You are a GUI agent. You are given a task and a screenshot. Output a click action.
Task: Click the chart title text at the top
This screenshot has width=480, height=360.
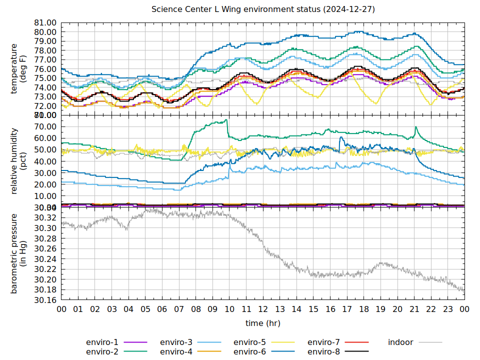(263, 9)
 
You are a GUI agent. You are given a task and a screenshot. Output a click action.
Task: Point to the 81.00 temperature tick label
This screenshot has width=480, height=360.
(44, 23)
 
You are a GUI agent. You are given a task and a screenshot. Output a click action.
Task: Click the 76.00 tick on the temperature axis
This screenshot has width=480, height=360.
(44, 69)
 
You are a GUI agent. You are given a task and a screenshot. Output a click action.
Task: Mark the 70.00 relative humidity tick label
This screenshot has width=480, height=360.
(44, 126)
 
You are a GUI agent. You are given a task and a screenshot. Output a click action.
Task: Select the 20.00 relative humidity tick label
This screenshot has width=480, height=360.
(44, 184)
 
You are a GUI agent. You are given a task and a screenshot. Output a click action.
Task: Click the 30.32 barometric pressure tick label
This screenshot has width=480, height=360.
(44, 217)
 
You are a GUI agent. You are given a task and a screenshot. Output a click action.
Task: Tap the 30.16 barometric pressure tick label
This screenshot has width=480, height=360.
(44, 300)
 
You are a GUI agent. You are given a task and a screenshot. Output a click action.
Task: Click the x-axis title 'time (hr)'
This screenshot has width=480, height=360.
(263, 323)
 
